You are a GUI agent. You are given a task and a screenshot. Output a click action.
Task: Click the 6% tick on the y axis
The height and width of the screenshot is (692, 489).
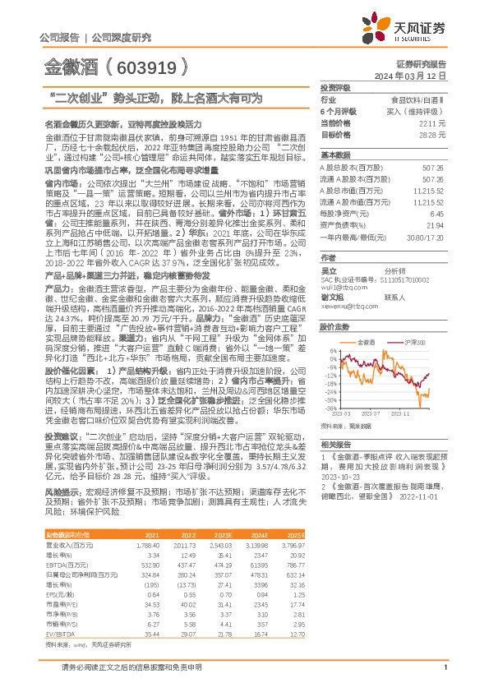[330, 350]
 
